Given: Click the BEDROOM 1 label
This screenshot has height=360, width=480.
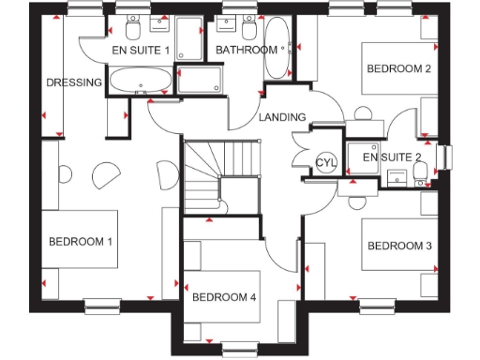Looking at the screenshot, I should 81,242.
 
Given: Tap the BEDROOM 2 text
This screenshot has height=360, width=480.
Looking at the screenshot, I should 398,68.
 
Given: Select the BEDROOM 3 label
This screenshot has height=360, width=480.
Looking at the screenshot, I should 398,247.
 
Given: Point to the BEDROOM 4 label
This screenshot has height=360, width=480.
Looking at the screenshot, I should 224,297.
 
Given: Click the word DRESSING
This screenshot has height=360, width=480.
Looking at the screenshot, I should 73,82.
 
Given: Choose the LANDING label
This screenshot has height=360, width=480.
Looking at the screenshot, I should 282,117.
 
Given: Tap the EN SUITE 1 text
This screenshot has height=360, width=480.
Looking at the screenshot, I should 140,49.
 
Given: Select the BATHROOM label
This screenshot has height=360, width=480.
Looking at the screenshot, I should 245,49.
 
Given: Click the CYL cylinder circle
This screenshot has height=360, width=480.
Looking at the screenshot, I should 325,162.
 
